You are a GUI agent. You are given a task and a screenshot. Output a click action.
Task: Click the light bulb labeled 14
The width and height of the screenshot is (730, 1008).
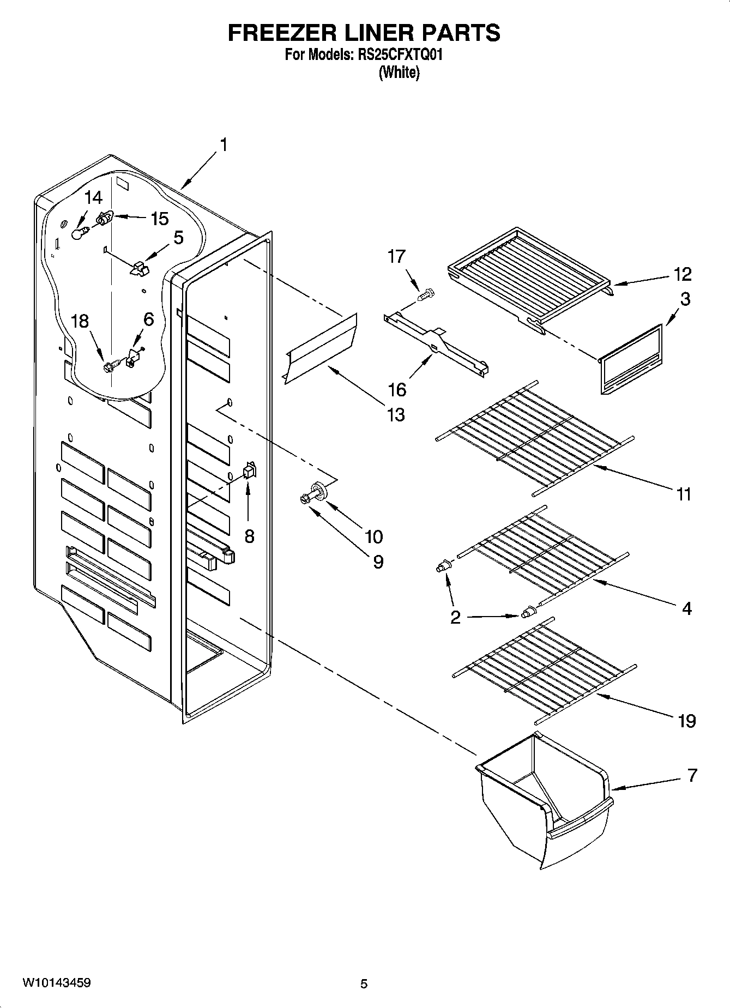pos(80,234)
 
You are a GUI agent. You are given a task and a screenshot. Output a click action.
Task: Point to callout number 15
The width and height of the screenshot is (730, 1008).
pos(160,219)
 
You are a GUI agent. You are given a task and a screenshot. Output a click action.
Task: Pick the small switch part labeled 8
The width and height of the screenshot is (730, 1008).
pos(250,470)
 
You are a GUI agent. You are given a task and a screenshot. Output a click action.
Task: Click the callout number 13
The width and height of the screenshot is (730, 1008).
pos(396,414)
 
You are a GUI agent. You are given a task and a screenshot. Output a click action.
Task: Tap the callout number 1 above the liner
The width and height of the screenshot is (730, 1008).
pos(223,145)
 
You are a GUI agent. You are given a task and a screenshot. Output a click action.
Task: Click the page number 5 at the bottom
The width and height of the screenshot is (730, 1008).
pos(364,984)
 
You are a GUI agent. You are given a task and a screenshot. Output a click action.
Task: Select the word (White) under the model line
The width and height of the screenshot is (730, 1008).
pos(399,73)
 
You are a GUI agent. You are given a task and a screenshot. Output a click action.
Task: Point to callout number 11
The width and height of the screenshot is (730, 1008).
pos(684,494)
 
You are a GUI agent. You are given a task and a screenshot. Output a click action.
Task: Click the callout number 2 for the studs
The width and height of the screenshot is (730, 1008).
pos(455,617)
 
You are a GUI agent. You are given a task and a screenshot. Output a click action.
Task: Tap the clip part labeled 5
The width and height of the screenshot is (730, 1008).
pos(140,267)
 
